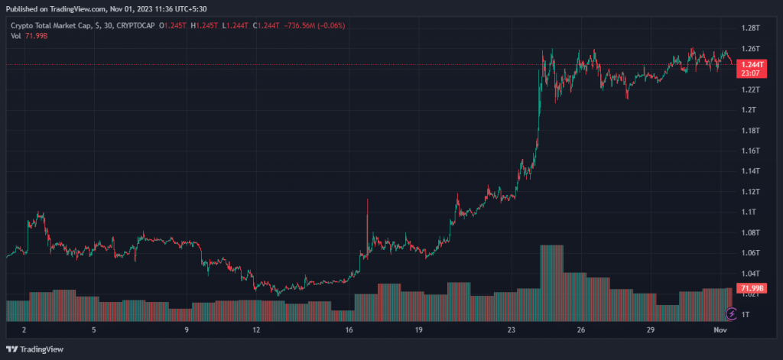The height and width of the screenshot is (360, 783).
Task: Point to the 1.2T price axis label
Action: point(749,110)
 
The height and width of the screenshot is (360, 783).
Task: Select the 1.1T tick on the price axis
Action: point(749,212)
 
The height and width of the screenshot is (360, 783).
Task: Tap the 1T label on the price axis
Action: point(746,314)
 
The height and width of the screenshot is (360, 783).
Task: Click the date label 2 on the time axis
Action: point(24,330)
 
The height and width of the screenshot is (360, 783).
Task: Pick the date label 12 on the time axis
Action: point(256,330)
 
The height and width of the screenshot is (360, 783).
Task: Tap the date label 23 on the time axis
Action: point(512,330)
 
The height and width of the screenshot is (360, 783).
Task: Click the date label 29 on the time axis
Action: point(650,330)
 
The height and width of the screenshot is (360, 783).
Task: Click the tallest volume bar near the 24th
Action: point(551,283)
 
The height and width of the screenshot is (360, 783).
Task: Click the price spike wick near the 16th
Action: point(368,210)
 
